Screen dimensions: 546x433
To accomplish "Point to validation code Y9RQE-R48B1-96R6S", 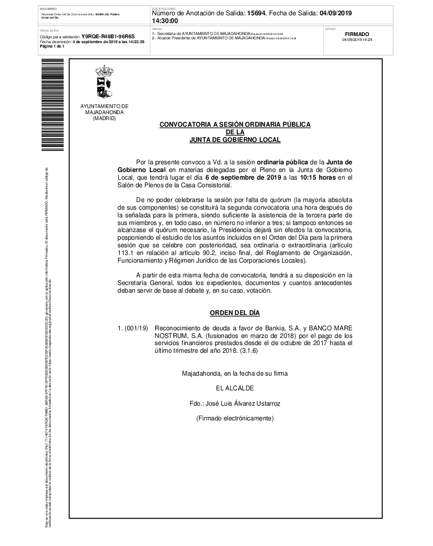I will (108, 37).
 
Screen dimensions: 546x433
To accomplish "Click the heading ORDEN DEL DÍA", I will (235, 313).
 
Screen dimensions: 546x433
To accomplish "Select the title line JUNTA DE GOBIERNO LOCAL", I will (235, 140).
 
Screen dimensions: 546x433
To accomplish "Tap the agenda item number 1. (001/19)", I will (133, 329).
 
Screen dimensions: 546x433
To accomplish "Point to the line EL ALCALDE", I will (235, 389).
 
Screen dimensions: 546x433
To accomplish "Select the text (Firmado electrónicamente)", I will (235, 418).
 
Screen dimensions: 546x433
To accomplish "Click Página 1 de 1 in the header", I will (52, 46).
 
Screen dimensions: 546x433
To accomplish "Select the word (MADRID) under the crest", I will (104, 118).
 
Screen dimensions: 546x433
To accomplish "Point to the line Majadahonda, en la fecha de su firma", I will (235, 374).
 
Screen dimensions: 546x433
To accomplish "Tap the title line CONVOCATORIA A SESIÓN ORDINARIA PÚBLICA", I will (235, 125).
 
